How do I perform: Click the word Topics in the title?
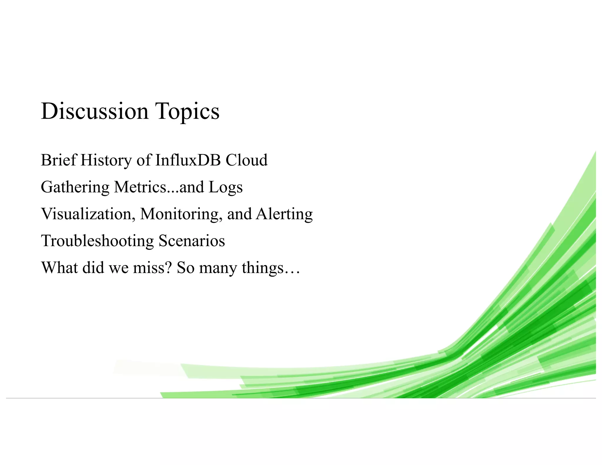[187, 112]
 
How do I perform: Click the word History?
[106, 161]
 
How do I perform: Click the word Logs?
[225, 188]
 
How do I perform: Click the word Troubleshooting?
[97, 241]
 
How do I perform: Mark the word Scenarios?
[192, 241]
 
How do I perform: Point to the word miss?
[152, 268]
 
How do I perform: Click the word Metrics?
[140, 187]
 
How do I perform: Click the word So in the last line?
[185, 268]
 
